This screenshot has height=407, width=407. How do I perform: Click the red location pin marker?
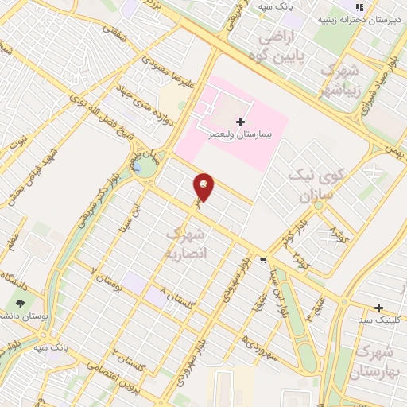pyautogui.click(x=204, y=186)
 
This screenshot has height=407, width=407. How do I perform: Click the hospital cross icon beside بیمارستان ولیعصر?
pyautogui.click(x=240, y=122)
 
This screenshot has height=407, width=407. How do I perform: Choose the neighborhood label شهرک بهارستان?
pyautogui.click(x=376, y=361)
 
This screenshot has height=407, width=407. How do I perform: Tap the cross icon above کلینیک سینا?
pyautogui.click(x=379, y=308)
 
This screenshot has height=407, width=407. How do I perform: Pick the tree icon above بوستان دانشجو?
pyautogui.click(x=20, y=303)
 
